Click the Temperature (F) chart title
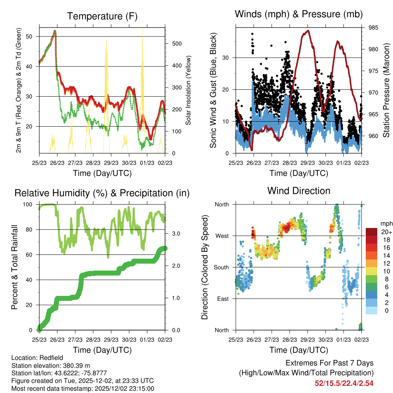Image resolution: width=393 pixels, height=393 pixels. click(x=102, y=16)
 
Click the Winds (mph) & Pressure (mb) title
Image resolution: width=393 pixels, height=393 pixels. click(x=299, y=14)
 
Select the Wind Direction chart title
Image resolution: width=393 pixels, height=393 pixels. click(x=299, y=191)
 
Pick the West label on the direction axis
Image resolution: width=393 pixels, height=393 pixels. click(x=221, y=236)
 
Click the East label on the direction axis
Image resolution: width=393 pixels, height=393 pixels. click(x=222, y=299)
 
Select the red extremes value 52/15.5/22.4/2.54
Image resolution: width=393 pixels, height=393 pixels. click(x=344, y=383)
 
